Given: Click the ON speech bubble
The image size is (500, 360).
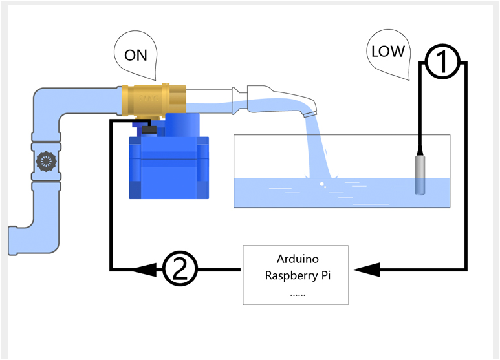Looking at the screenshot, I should pyautogui.click(x=135, y=56).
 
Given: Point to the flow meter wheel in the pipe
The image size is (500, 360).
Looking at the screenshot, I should pyautogui.click(x=45, y=158).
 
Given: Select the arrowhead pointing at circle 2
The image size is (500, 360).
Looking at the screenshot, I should pyautogui.click(x=151, y=268).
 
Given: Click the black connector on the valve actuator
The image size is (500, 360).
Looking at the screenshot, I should pyautogui.click(x=149, y=130).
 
